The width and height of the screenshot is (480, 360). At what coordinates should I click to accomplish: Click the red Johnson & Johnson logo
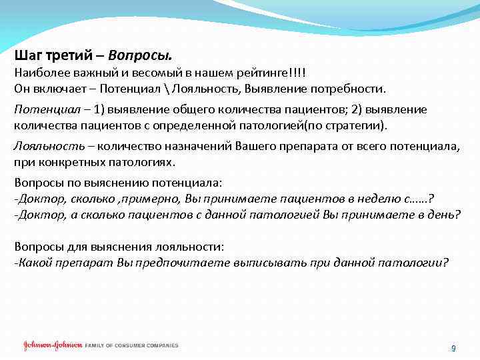pyautogui.click(x=52, y=345)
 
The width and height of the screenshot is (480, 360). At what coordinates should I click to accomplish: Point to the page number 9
pyautogui.click(x=453, y=348)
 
